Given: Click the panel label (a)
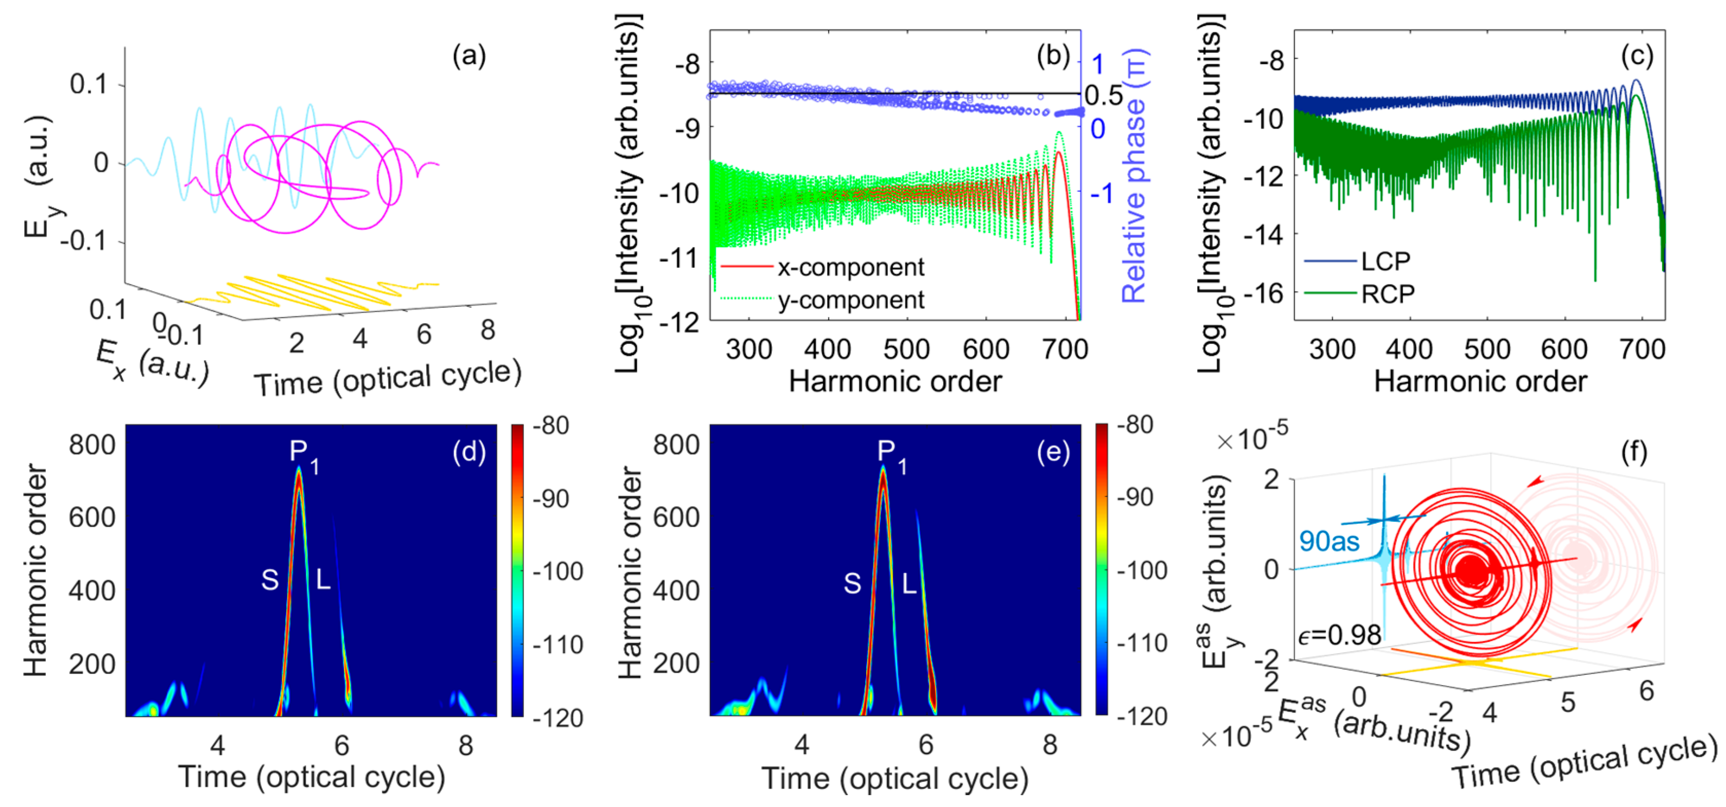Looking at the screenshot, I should (x=468, y=56).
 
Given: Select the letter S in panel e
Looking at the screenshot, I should (x=852, y=584).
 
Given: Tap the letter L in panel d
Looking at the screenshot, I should (x=323, y=580).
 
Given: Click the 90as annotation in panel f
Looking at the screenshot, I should (x=1329, y=541).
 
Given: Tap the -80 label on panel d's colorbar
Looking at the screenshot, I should (x=551, y=426).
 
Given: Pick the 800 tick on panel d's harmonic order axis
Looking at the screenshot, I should (x=92, y=445).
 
